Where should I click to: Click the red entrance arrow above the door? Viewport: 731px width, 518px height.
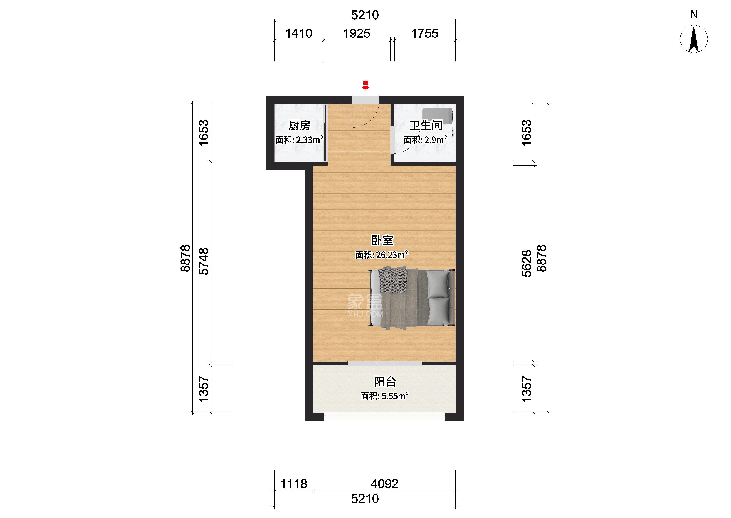click(x=365, y=85)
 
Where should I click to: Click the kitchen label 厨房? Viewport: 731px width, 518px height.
click(x=299, y=126)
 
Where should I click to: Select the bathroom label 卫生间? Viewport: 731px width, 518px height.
click(x=426, y=125)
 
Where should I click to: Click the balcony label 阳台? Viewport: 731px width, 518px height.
click(x=385, y=382)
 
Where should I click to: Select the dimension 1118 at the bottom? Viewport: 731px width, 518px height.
click(x=294, y=484)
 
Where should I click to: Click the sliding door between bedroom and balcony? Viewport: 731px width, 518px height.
click(x=385, y=363)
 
